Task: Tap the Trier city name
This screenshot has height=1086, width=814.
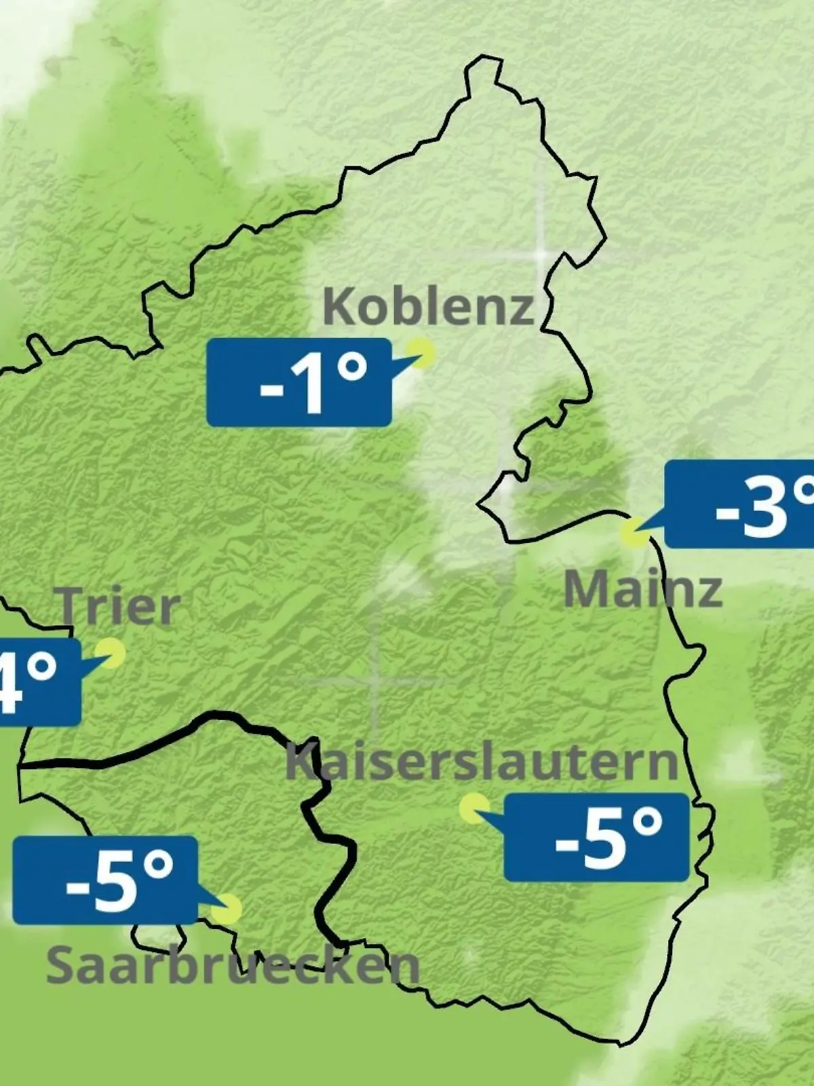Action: click(x=121, y=606)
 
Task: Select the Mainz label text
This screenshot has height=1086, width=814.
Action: click(x=642, y=589)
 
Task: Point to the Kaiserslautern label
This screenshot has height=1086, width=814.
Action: click(x=482, y=762)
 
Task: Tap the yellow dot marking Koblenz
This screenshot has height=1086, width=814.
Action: click(x=421, y=354)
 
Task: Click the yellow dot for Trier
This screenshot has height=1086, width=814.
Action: click(x=111, y=653)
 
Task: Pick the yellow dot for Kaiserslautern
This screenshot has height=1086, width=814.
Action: click(x=474, y=808)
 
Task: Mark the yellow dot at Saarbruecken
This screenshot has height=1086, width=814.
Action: click(x=227, y=910)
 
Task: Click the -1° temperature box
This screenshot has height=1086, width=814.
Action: click(x=299, y=383)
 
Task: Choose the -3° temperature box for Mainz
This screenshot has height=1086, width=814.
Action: click(x=739, y=504)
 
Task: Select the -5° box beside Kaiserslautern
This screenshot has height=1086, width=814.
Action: click(x=596, y=837)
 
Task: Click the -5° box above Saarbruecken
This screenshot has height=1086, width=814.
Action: click(x=106, y=880)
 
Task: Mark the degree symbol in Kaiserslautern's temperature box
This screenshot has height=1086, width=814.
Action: click(x=648, y=823)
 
